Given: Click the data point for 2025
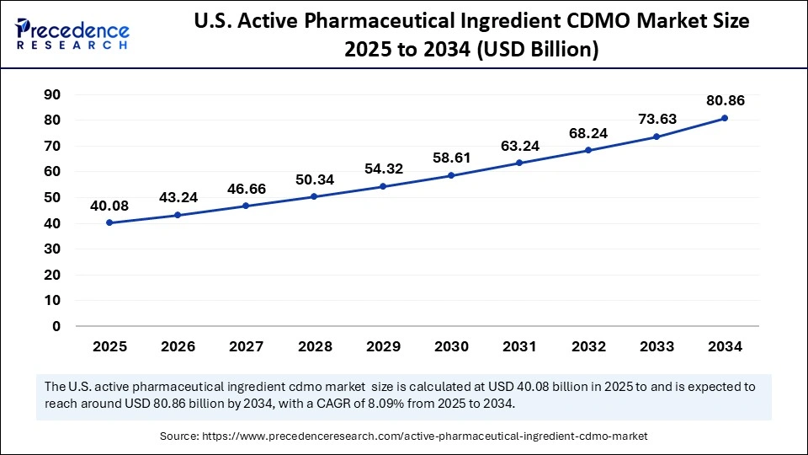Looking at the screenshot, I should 109,222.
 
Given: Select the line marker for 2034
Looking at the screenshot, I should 725,118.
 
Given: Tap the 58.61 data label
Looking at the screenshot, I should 451,158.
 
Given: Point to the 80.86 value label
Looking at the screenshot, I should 725,100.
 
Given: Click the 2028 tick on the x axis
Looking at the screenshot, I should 315,346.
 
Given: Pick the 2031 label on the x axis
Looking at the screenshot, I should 519,346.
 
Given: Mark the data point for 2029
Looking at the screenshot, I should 383,186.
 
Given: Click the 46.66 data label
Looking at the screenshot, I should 247,189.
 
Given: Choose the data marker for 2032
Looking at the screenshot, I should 588,150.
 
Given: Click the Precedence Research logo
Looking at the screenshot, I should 72,34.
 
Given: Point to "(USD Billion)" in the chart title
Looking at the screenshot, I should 538,51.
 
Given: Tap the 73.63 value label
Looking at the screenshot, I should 656,119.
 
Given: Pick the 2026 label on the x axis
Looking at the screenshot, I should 178,346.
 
